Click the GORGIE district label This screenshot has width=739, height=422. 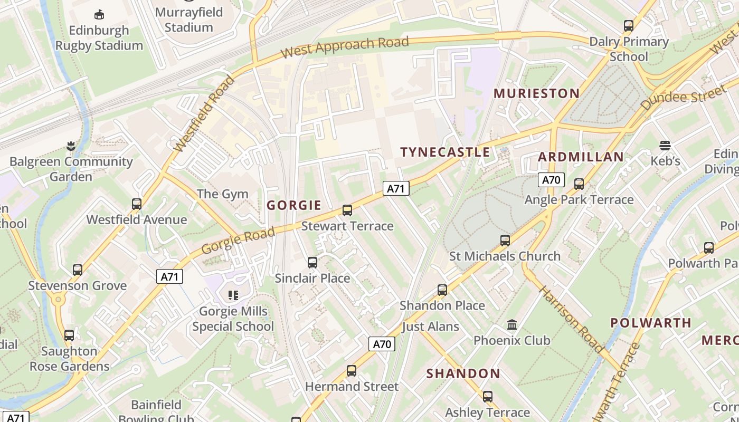(x=294, y=205)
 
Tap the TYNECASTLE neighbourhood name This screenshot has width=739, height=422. (x=445, y=152)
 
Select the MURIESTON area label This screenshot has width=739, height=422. (x=536, y=94)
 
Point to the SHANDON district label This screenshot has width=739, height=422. (x=463, y=374)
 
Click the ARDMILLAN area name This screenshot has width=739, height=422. (x=581, y=157)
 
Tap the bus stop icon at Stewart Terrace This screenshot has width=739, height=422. (x=347, y=210)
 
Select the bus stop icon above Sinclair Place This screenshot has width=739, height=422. (x=312, y=262)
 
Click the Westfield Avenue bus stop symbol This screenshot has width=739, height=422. (x=137, y=204)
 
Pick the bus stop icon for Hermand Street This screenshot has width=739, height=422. (x=352, y=371)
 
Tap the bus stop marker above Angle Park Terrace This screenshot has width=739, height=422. (x=579, y=184)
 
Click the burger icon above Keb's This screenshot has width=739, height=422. (x=665, y=145)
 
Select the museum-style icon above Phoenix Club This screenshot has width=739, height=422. (x=511, y=324)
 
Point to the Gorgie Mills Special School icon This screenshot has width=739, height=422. (x=233, y=295)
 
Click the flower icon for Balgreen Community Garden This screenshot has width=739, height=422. (x=71, y=146)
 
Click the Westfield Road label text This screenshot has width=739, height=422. (x=204, y=113)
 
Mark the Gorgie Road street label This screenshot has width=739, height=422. (x=238, y=239)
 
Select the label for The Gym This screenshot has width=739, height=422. (x=222, y=194)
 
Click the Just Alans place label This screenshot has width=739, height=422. (x=430, y=327)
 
